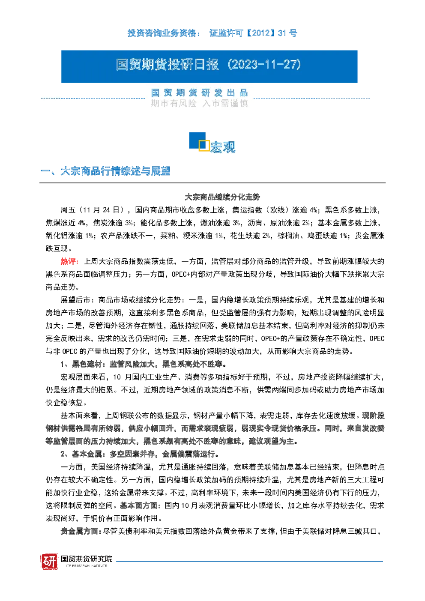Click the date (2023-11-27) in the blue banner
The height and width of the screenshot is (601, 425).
tap(264, 65)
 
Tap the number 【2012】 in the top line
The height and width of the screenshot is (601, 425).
tap(260, 33)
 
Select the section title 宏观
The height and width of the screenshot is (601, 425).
tap(223, 147)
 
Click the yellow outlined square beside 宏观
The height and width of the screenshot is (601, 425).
tap(204, 145)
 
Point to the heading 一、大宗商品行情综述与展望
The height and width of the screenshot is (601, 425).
tap(105, 171)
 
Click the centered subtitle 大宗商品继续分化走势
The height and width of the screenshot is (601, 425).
tap(222, 197)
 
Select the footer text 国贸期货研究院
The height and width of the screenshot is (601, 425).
tap(87, 559)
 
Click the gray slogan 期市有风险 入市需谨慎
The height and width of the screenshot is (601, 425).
tap(199, 103)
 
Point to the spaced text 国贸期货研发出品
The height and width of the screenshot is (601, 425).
tap(199, 93)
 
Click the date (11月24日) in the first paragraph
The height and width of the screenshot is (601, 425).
tap(103, 210)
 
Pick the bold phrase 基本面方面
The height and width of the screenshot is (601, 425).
tap(138, 505)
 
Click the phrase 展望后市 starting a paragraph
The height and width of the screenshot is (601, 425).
tap(75, 300)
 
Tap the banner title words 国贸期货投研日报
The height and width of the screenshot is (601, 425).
tap(168, 65)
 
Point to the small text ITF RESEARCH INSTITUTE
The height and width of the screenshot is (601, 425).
tap(87, 565)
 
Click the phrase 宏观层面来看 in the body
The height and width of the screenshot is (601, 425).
tap(83, 377)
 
